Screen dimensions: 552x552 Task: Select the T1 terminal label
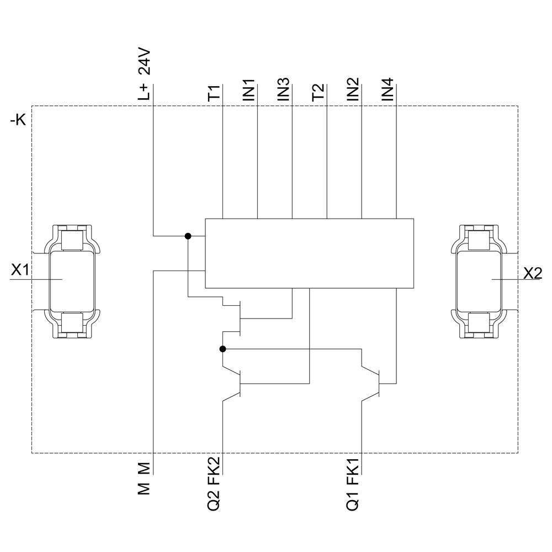pyautogui.click(x=214, y=92)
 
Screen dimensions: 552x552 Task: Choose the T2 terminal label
pyautogui.click(x=319, y=92)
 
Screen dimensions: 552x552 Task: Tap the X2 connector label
pyautogui.click(x=532, y=272)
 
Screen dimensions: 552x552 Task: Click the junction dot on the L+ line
pyautogui.click(x=188, y=236)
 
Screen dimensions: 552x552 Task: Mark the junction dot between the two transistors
pyautogui.click(x=222, y=349)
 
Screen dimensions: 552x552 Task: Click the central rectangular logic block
pyautogui.click(x=309, y=253)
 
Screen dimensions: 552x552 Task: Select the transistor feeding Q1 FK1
pyautogui.click(x=375, y=383)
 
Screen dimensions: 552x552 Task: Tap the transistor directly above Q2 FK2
pyautogui.click(x=236, y=383)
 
